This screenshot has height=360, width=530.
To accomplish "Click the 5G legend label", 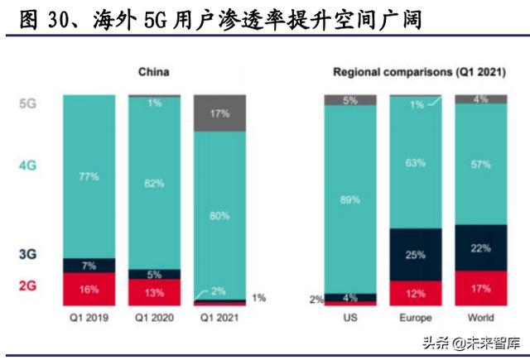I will point(26,105).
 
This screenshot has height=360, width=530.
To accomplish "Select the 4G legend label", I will point(26,165).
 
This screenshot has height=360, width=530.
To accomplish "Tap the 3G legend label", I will point(26,256).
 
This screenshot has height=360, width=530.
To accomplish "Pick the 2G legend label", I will point(26,286).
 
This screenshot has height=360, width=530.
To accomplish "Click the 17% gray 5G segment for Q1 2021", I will point(219,113).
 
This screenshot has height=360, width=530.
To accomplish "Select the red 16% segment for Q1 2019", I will point(89,290).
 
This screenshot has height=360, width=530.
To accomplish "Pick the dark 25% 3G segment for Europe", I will point(421,254).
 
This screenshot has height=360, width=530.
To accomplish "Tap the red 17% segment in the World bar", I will point(486,288).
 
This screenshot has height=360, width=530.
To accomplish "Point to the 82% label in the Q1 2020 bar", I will point(154,183).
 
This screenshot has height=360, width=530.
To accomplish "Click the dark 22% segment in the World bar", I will point(486,246).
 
